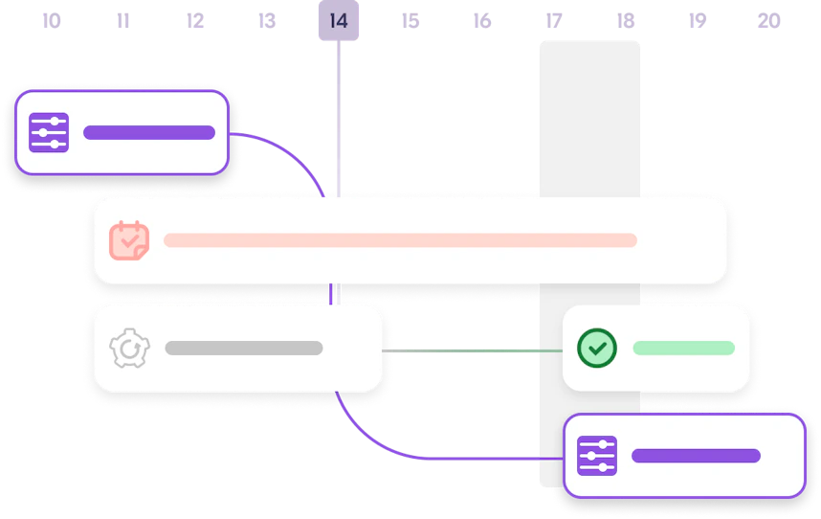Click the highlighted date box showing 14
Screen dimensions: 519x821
338,21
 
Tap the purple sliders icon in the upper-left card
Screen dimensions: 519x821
49,132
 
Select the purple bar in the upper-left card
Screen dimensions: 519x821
149,132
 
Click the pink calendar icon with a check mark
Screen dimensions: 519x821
129,240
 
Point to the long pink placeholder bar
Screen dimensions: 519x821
400,240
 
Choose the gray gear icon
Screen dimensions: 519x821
129,349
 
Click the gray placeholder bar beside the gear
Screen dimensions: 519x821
243,349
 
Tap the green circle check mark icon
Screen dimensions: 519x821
597,348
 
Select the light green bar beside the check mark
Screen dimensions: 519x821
683,348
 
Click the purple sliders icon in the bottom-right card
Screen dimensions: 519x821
597,456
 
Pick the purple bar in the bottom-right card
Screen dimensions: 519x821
696,456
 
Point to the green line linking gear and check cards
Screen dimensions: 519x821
474,351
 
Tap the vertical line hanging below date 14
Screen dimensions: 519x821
338,115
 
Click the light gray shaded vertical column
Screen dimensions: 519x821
588,115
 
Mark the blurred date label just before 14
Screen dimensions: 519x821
265,20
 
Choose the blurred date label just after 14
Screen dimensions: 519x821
410,20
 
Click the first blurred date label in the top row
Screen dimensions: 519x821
50,20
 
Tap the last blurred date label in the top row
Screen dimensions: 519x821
768,20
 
